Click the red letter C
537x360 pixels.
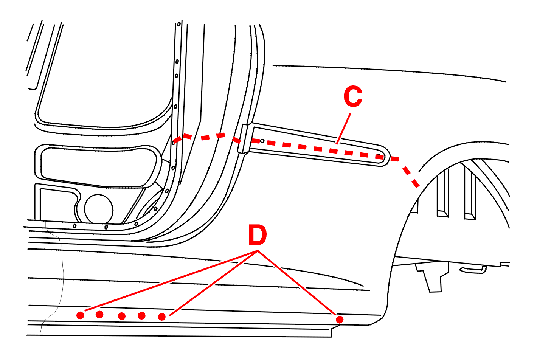pos(353,96)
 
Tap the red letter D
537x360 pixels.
pos(258,236)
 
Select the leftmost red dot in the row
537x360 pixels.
pos(80,315)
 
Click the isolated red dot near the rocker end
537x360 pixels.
pos(340,320)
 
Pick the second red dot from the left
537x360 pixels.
pos(99,315)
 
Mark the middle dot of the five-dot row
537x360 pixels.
pos(122,316)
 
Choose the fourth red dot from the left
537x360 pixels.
pos(142,316)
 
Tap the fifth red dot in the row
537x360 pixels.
pos(162,317)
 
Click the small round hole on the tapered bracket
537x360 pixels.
pos(262,141)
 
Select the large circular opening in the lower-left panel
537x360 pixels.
pos(99,209)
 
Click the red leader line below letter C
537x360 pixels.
pos(343,129)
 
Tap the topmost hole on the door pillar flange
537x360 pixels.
pos(179,24)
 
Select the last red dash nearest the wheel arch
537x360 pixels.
pos(415,184)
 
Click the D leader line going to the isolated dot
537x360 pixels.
pos(297,282)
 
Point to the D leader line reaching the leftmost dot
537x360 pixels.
pos(171,281)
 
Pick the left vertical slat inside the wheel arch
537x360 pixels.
pos(442,193)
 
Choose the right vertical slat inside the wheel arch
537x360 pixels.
pos(470,193)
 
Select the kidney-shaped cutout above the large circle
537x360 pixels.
pos(98,166)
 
